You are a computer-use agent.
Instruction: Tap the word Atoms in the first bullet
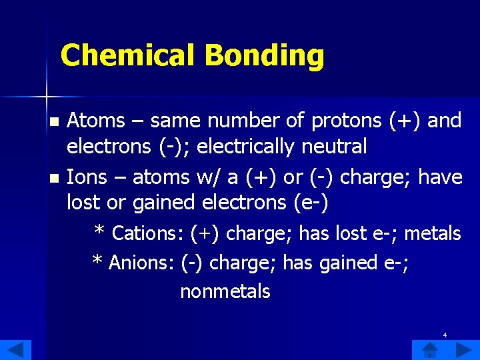(96, 121)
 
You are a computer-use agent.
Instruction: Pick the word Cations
(147, 233)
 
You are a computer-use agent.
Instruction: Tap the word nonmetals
(225, 291)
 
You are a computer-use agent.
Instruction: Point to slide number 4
(445, 335)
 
